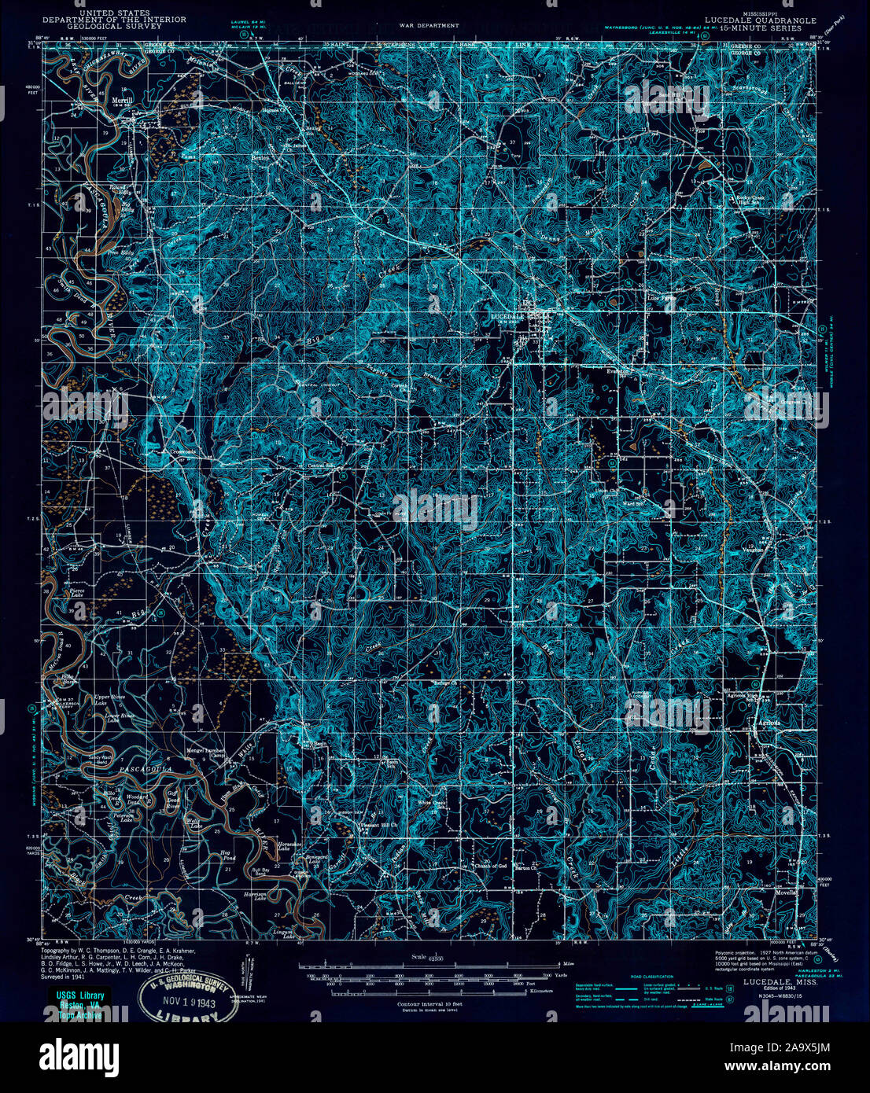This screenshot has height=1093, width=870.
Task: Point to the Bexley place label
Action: click(x=260, y=157)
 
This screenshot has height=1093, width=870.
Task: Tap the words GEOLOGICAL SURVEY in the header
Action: click(x=114, y=27)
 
